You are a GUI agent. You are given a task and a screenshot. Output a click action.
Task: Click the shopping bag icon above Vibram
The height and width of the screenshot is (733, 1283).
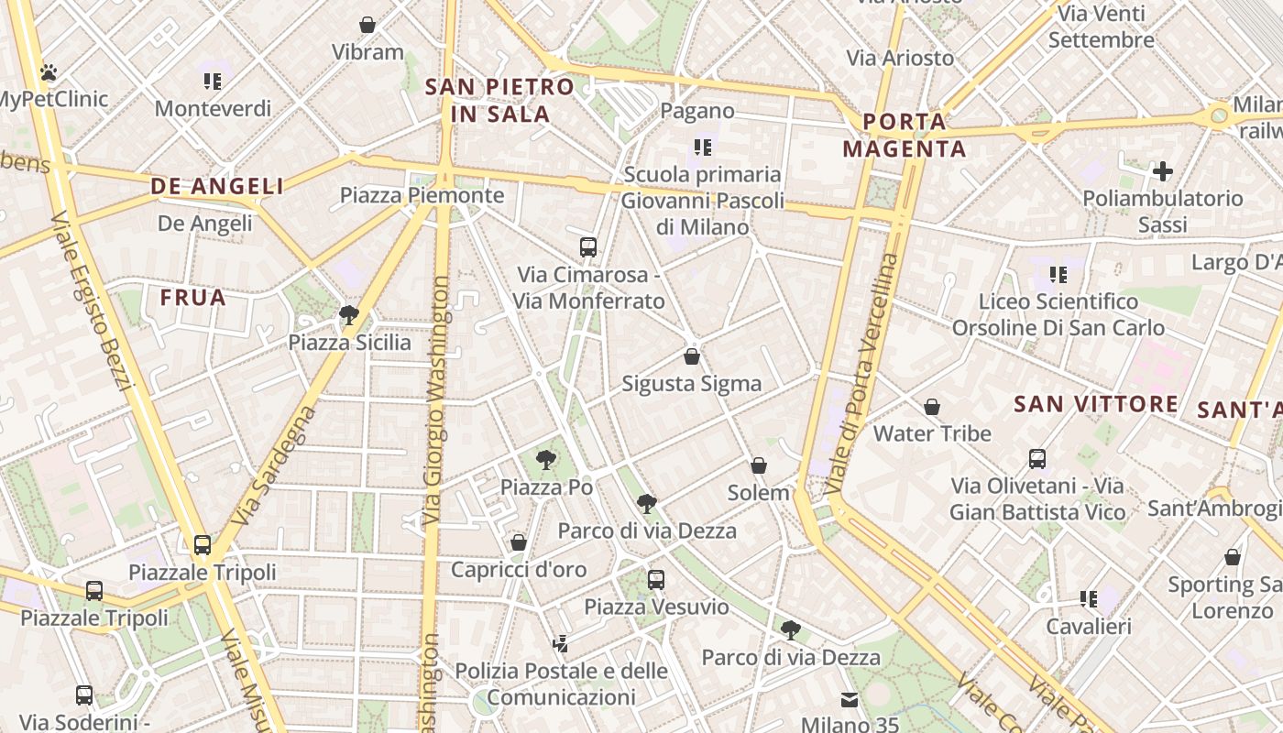coord(367,25)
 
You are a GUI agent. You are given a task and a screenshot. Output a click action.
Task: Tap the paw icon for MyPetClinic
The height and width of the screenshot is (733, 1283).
coord(49,71)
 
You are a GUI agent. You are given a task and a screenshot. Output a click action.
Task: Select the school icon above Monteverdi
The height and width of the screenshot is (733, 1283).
coord(213,82)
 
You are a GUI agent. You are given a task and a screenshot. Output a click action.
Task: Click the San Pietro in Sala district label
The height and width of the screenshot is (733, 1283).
coord(500,101)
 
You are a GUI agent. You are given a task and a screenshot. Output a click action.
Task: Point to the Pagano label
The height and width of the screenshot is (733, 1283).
coord(697,111)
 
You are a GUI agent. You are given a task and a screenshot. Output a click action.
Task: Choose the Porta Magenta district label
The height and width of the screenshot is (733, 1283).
coord(905,135)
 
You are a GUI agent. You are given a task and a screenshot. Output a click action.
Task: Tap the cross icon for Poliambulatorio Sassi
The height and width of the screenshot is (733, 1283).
coord(1162,171)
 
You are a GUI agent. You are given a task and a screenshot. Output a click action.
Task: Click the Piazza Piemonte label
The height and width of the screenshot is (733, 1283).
coord(422,195)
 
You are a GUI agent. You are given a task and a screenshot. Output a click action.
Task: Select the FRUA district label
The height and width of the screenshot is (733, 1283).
coord(192,298)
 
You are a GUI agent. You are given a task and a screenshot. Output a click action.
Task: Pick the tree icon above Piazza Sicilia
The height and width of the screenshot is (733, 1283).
coord(348,316)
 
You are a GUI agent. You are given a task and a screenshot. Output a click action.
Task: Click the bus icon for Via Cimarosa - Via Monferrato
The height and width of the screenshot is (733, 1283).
coord(588,247)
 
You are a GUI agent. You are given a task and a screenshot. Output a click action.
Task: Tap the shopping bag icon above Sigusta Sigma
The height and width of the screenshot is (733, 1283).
coord(692,356)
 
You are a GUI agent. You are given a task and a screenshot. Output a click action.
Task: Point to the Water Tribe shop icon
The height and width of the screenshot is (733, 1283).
coord(932,407)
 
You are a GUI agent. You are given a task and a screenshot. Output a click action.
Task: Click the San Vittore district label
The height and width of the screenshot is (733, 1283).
coord(1096,404)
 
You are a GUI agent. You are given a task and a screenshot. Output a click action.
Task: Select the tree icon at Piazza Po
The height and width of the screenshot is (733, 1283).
coord(546,460)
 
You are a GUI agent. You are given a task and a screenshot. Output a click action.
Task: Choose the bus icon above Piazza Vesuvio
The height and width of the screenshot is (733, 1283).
coord(656,579)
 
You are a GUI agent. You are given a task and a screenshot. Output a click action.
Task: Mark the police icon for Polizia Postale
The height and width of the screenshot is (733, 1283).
coord(560,644)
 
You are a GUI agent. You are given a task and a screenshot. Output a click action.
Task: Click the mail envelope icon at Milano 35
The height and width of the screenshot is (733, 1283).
coord(850,700)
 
